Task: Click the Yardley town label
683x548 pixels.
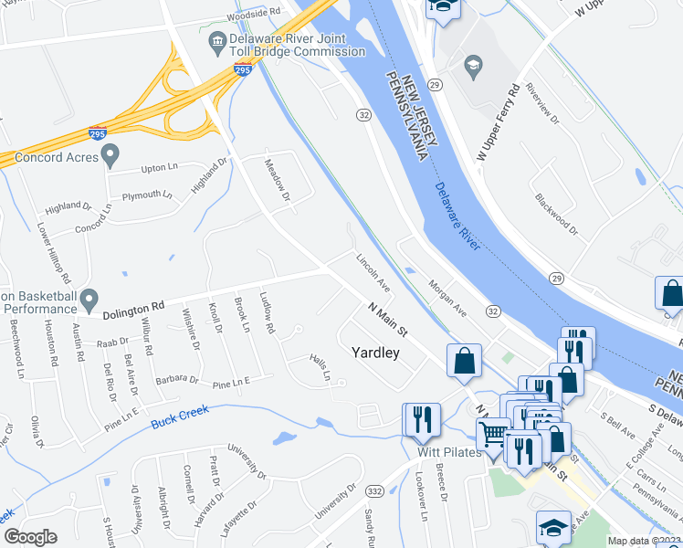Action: click(376, 353)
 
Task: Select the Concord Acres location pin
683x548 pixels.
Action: click(110, 156)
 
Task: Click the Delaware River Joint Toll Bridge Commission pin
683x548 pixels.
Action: click(217, 40)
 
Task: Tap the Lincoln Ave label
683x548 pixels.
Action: click(373, 272)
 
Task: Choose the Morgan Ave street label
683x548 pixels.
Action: click(447, 295)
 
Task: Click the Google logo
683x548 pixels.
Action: click(30, 537)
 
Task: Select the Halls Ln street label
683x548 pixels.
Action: click(319, 369)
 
